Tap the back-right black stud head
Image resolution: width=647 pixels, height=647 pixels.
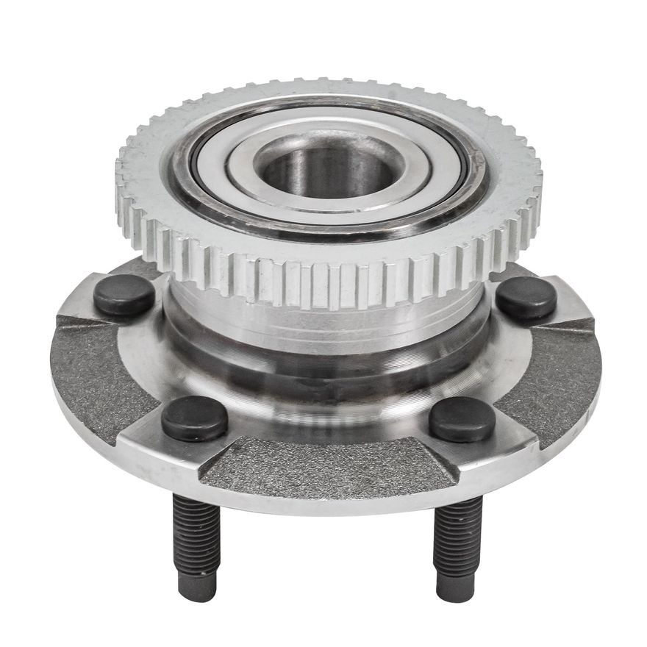tap(526, 297)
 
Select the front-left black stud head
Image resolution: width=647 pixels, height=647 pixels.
tap(194, 418)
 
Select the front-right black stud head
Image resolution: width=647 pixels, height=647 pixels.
tap(462, 419)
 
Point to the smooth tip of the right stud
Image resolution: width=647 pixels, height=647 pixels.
tap(456, 587)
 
